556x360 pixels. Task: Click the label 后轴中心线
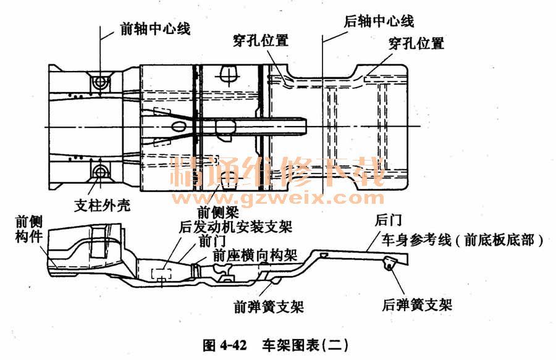(x=379, y=21)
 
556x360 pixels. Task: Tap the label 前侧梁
(x=217, y=211)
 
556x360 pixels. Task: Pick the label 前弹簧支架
(x=269, y=305)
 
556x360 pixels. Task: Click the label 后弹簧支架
(x=417, y=304)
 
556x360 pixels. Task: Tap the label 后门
(x=386, y=220)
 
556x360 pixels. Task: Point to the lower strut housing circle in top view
(x=99, y=170)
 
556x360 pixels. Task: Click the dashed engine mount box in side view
(x=162, y=274)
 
